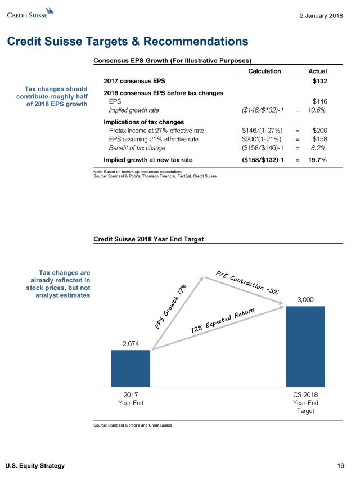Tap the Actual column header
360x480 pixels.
[x=318, y=71]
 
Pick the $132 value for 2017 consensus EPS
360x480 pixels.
[x=319, y=82]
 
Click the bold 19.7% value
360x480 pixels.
[x=316, y=160]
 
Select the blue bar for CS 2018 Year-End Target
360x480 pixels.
[x=305, y=346]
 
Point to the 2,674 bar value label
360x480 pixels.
[x=130, y=343]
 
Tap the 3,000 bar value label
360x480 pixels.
[x=305, y=299]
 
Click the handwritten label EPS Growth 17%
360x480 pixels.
[x=171, y=307]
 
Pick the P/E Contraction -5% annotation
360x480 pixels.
[x=247, y=282]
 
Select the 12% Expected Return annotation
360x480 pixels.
[x=223, y=319]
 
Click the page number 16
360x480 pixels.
[x=340, y=465]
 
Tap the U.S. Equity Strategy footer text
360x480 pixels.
[x=35, y=465]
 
